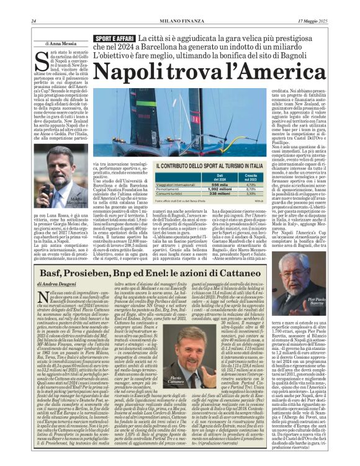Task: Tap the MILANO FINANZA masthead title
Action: pyautogui.click(x=179, y=21)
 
